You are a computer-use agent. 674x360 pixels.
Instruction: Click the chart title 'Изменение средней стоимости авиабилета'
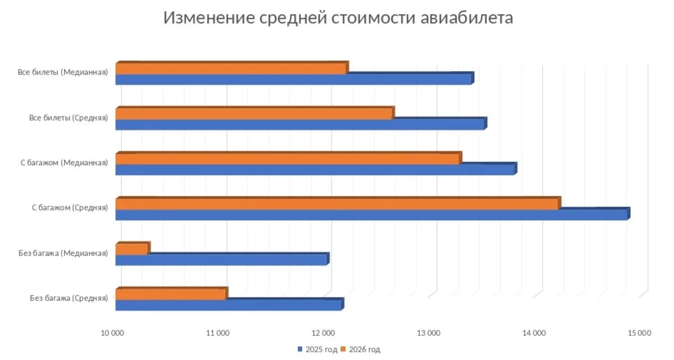tap(338, 18)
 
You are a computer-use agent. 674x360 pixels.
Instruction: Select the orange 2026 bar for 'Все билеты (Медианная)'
tap(231, 69)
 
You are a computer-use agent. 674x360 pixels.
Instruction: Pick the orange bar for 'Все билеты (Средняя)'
tap(254, 114)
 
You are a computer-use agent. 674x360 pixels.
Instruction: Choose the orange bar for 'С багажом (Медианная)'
tap(287, 159)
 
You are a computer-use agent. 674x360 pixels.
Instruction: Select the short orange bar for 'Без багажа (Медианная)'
tap(131, 249)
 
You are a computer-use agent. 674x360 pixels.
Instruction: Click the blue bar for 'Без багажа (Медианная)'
tap(221, 259)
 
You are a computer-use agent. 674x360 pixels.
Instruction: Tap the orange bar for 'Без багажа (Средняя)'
tap(170, 294)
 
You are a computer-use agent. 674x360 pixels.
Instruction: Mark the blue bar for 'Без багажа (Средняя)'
tap(228, 305)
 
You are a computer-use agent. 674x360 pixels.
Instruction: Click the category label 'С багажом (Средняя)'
tap(70, 208)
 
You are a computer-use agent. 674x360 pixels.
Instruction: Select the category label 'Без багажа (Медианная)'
tap(63, 253)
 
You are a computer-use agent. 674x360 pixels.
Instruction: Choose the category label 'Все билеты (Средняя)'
tap(69, 118)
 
